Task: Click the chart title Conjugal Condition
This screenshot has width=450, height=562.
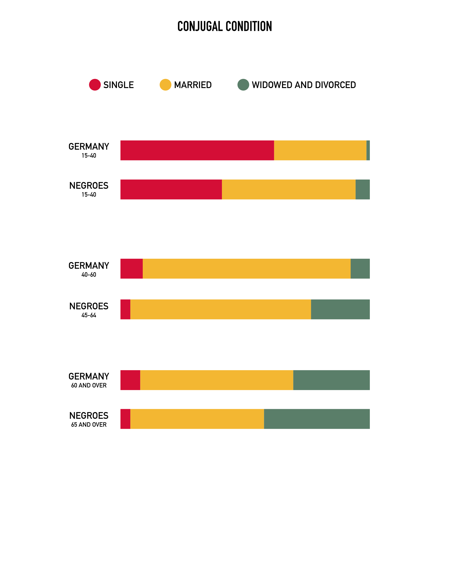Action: coord(225,26)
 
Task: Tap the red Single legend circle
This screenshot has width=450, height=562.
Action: coord(95,85)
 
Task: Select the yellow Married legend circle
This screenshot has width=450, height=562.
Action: coord(165,85)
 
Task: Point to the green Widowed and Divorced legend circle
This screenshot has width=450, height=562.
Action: coord(243,85)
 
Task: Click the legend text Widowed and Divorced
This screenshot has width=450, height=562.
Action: coord(304,85)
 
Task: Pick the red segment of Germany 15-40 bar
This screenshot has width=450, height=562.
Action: coord(197,150)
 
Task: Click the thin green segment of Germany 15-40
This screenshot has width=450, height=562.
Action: coord(368,150)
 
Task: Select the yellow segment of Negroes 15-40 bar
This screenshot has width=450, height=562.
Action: coord(289,189)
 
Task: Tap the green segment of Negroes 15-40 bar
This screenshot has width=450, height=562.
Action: coord(363,189)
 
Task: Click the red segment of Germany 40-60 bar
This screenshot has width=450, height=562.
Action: coord(131,269)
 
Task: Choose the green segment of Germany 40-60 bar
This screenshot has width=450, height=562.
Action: coord(360,269)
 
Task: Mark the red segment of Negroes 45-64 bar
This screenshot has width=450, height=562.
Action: coord(125,309)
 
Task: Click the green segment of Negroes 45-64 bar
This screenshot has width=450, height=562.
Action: coord(340,309)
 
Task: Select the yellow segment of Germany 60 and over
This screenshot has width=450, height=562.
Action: coord(217,380)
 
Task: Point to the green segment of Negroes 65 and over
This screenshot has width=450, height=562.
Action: coord(317,419)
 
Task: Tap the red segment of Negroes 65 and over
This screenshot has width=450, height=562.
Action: coord(125,419)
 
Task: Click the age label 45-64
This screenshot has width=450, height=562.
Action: coord(89,315)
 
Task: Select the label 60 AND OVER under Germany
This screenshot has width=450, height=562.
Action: coord(89,385)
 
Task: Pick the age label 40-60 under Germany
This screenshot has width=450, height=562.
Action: coord(89,275)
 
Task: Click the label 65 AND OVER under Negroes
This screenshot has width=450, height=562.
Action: coord(89,425)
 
